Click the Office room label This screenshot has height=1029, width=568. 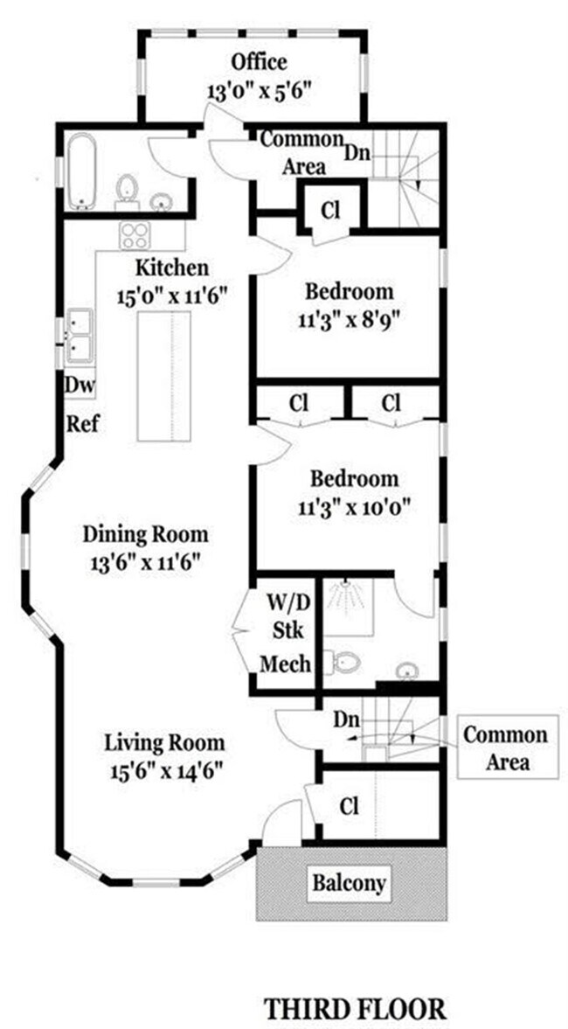(x=259, y=62)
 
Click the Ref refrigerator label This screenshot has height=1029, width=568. (x=82, y=425)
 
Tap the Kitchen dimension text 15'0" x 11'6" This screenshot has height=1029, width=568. (x=171, y=295)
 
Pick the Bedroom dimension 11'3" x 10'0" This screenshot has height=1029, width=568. (x=355, y=504)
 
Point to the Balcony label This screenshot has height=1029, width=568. (x=349, y=882)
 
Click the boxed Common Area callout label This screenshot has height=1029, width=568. (x=506, y=747)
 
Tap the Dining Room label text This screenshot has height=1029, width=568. (x=145, y=533)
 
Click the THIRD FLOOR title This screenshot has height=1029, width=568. (x=356, y=1008)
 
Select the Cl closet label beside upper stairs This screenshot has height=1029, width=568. (x=329, y=210)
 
